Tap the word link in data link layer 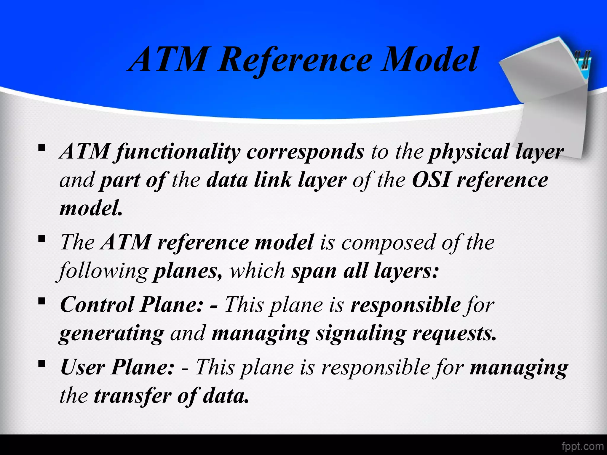point(272,180)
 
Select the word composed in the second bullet point(389,243)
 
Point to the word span point(314,271)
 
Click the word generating point(111,334)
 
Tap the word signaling point(360,334)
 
